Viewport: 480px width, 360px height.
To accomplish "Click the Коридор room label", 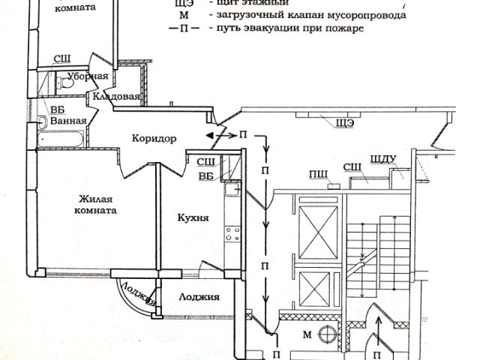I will point(154,139).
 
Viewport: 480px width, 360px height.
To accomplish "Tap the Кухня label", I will point(193,217).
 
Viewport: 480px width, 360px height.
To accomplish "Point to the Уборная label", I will point(89,76).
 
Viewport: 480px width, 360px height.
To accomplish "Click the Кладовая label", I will point(117,97).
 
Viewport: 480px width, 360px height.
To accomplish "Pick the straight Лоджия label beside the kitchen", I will point(199,297).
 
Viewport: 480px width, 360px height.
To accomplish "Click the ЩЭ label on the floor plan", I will point(345,122).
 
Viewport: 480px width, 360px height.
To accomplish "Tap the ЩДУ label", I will point(382,158).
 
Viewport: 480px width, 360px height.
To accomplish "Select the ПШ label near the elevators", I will point(317,175).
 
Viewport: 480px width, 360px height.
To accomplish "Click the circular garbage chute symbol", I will point(328,334).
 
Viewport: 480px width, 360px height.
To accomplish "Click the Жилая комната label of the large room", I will point(97,205).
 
